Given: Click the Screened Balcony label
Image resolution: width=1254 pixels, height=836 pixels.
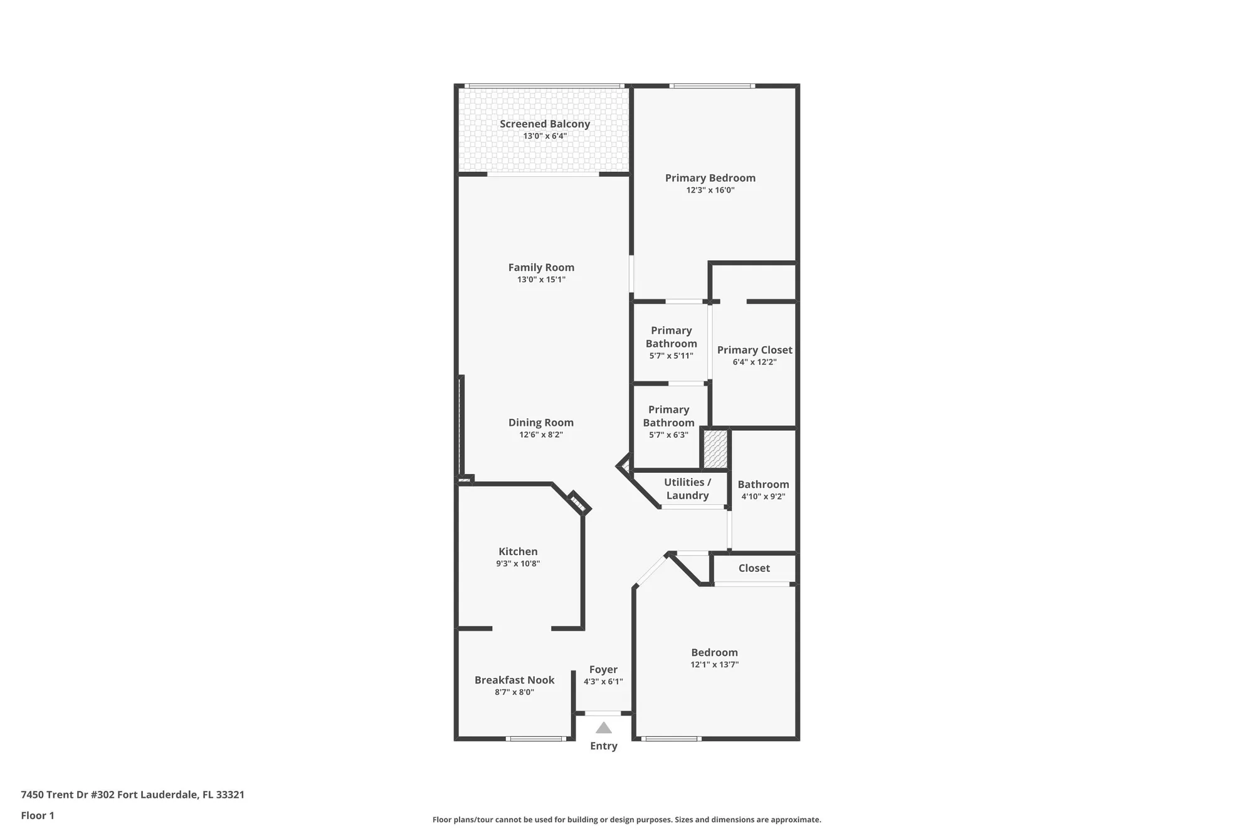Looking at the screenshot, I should [544, 124].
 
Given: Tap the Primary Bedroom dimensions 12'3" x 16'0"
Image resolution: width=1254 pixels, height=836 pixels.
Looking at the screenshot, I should [710, 190].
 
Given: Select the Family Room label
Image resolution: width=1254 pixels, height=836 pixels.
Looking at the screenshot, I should [541, 267].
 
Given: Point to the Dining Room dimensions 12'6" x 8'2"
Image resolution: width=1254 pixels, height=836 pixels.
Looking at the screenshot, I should [540, 435].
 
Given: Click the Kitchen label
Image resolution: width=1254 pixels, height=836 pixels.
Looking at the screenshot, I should [518, 551].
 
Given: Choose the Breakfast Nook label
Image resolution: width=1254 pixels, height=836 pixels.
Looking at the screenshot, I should [514, 680].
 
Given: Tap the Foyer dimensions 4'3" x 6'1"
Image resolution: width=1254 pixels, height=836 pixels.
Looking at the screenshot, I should [603, 682].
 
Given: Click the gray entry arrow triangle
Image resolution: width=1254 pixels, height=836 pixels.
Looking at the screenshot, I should [603, 728].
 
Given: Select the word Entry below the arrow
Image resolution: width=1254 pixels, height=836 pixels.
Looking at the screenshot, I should [603, 746].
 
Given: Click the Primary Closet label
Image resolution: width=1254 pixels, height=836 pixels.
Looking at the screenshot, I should [754, 350].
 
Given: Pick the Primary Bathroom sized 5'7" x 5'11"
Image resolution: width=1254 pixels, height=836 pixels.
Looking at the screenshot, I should [671, 342].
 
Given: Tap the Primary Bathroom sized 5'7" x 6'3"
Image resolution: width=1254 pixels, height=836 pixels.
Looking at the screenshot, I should [668, 421].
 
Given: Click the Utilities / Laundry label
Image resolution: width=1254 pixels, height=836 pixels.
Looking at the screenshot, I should [687, 489].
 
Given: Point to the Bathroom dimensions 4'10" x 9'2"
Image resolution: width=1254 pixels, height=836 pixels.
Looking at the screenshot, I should [763, 496].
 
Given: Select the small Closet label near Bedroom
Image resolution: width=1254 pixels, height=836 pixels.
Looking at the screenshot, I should [754, 568].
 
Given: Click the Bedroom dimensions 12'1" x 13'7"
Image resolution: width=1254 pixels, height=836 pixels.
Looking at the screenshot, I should [714, 665].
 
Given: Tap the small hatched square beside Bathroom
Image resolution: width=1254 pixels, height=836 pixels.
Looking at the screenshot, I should [715, 448].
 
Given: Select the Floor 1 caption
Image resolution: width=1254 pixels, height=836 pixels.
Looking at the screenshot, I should [38, 815].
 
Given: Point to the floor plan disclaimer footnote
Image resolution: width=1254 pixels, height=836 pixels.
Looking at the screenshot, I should [626, 819].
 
